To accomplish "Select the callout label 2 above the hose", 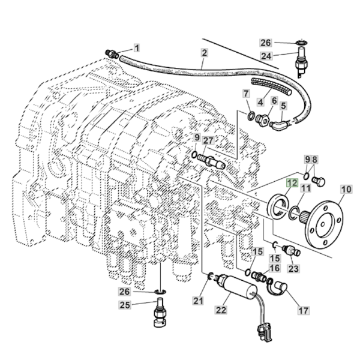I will coord(204,53).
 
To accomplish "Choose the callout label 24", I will coord(266,56).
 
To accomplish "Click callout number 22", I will coord(221,310).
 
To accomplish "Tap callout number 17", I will coord(304,310).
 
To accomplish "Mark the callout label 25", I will coord(142,305).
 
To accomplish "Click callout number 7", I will coord(246,94).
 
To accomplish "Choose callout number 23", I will coord(293,269).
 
